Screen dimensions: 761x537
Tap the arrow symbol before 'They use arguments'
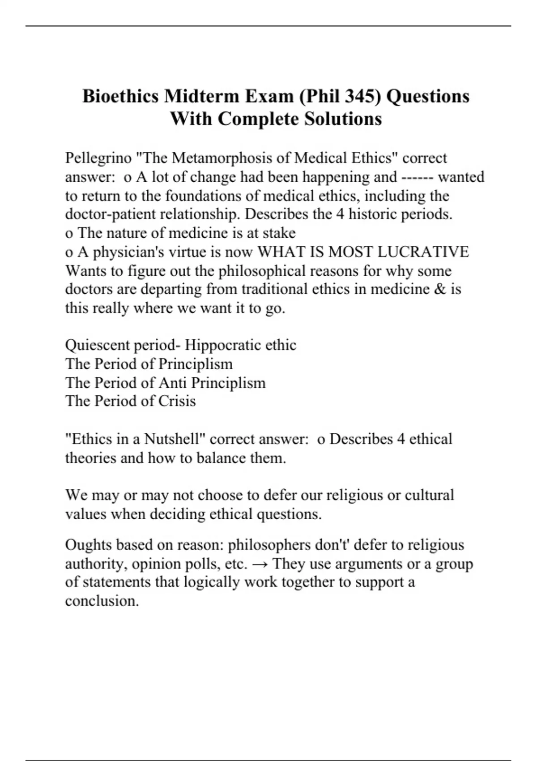point(260,564)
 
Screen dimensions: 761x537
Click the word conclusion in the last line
point(102,601)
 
